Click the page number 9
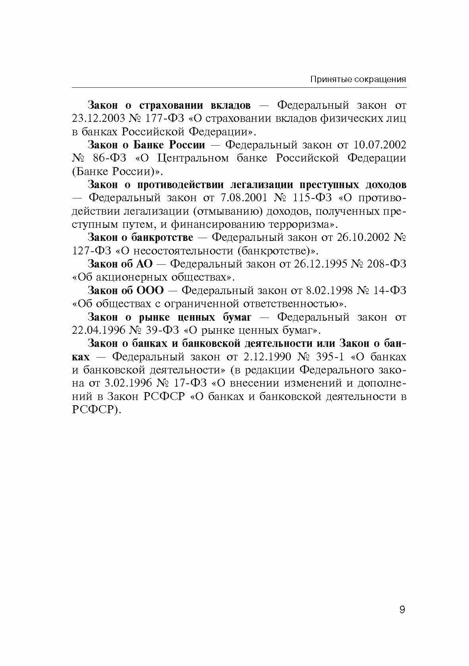(402, 610)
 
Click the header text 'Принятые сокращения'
(358, 79)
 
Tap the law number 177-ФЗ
(160, 119)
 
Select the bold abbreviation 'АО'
(144, 264)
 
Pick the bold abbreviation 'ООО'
(150, 291)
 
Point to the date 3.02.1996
(127, 383)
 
